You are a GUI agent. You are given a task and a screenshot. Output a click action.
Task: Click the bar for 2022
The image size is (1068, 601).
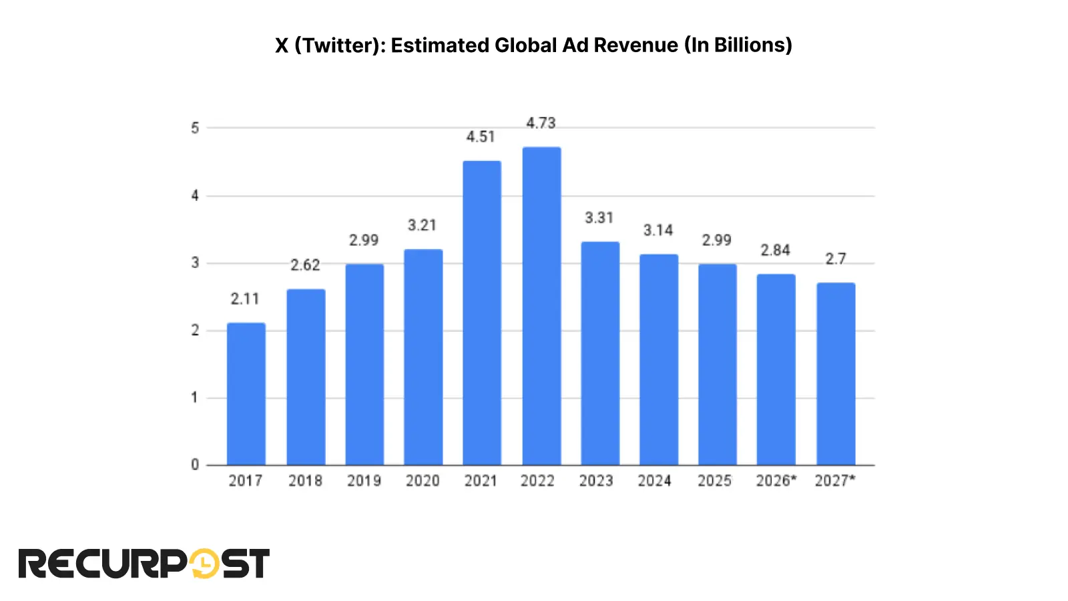[x=541, y=306]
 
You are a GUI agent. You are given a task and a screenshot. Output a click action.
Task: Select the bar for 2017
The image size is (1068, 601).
[x=246, y=394]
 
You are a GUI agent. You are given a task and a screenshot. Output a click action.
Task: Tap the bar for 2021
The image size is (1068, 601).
[x=482, y=313]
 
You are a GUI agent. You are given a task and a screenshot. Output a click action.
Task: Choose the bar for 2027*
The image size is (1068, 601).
[x=836, y=374]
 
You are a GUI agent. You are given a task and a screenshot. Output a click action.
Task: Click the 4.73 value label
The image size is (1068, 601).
[x=541, y=124]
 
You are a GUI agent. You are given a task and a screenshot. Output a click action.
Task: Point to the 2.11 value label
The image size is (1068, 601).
[x=245, y=299]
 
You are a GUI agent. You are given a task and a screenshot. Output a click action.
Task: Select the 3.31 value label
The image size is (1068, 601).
[x=599, y=218]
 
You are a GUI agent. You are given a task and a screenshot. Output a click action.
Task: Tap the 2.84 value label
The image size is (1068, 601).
[x=775, y=250]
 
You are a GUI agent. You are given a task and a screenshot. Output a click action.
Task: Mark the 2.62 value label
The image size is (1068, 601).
[x=305, y=266]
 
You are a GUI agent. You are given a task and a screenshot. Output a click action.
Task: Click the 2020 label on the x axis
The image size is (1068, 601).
[x=423, y=481]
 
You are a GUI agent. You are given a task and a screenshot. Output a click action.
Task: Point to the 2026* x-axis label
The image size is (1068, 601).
[x=776, y=481]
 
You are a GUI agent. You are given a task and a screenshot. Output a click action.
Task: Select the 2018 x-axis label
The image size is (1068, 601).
[x=305, y=481]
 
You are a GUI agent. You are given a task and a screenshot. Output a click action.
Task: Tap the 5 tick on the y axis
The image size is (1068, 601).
[x=195, y=128]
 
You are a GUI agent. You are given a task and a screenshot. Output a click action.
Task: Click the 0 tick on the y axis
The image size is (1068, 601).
[x=195, y=465]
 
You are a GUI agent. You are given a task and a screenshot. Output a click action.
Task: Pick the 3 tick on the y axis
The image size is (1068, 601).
[x=195, y=263]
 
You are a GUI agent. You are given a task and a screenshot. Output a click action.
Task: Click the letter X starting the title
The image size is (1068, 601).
[x=282, y=45]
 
